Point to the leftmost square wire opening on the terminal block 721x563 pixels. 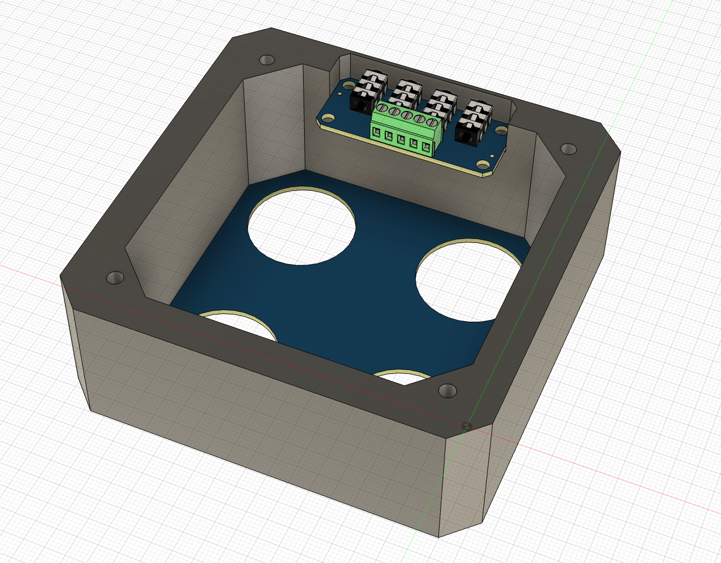(377, 132)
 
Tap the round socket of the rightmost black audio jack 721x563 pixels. (464, 133)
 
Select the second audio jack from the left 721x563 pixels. (404, 91)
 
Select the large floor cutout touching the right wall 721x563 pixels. (466, 280)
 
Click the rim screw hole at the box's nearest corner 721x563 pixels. (447, 390)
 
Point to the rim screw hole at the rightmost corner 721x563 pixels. (568, 149)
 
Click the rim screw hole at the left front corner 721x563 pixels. (115, 277)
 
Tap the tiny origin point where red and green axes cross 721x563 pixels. (467, 426)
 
